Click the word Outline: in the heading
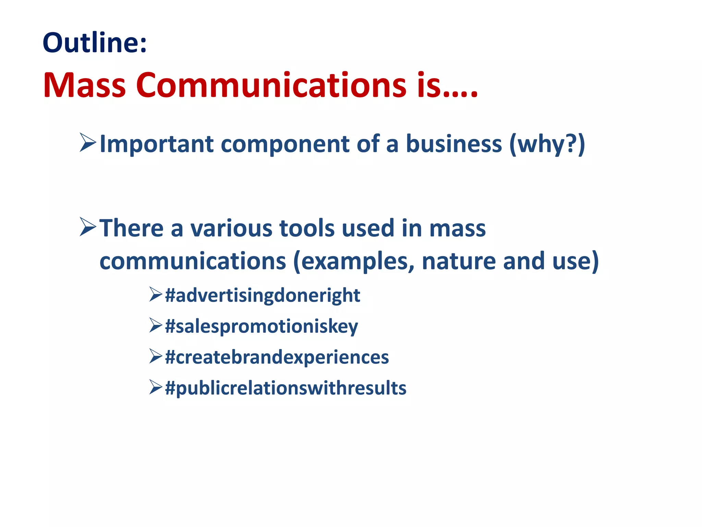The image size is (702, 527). click(x=95, y=43)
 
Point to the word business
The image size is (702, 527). click(x=454, y=144)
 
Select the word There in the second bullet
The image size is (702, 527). click(x=131, y=228)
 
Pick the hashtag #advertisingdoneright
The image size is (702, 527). click(x=262, y=295)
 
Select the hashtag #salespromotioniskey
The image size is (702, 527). click(x=261, y=326)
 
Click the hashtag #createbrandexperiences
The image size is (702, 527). click(x=277, y=357)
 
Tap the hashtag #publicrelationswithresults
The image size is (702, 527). click(x=285, y=388)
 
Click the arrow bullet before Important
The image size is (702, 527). click(x=88, y=143)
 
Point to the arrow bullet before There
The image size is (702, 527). click(x=88, y=227)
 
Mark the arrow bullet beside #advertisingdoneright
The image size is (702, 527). click(x=156, y=295)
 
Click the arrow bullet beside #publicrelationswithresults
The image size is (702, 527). click(x=156, y=387)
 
